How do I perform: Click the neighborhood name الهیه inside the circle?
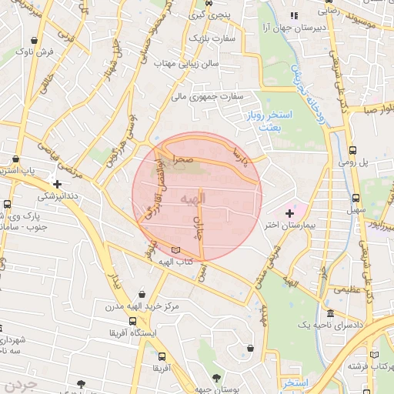(x=193, y=199)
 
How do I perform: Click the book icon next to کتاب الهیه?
(x=177, y=250)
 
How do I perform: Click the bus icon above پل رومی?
(x=352, y=151)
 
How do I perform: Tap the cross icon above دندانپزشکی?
(x=57, y=184)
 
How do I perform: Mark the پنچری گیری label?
(x=205, y=14)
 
